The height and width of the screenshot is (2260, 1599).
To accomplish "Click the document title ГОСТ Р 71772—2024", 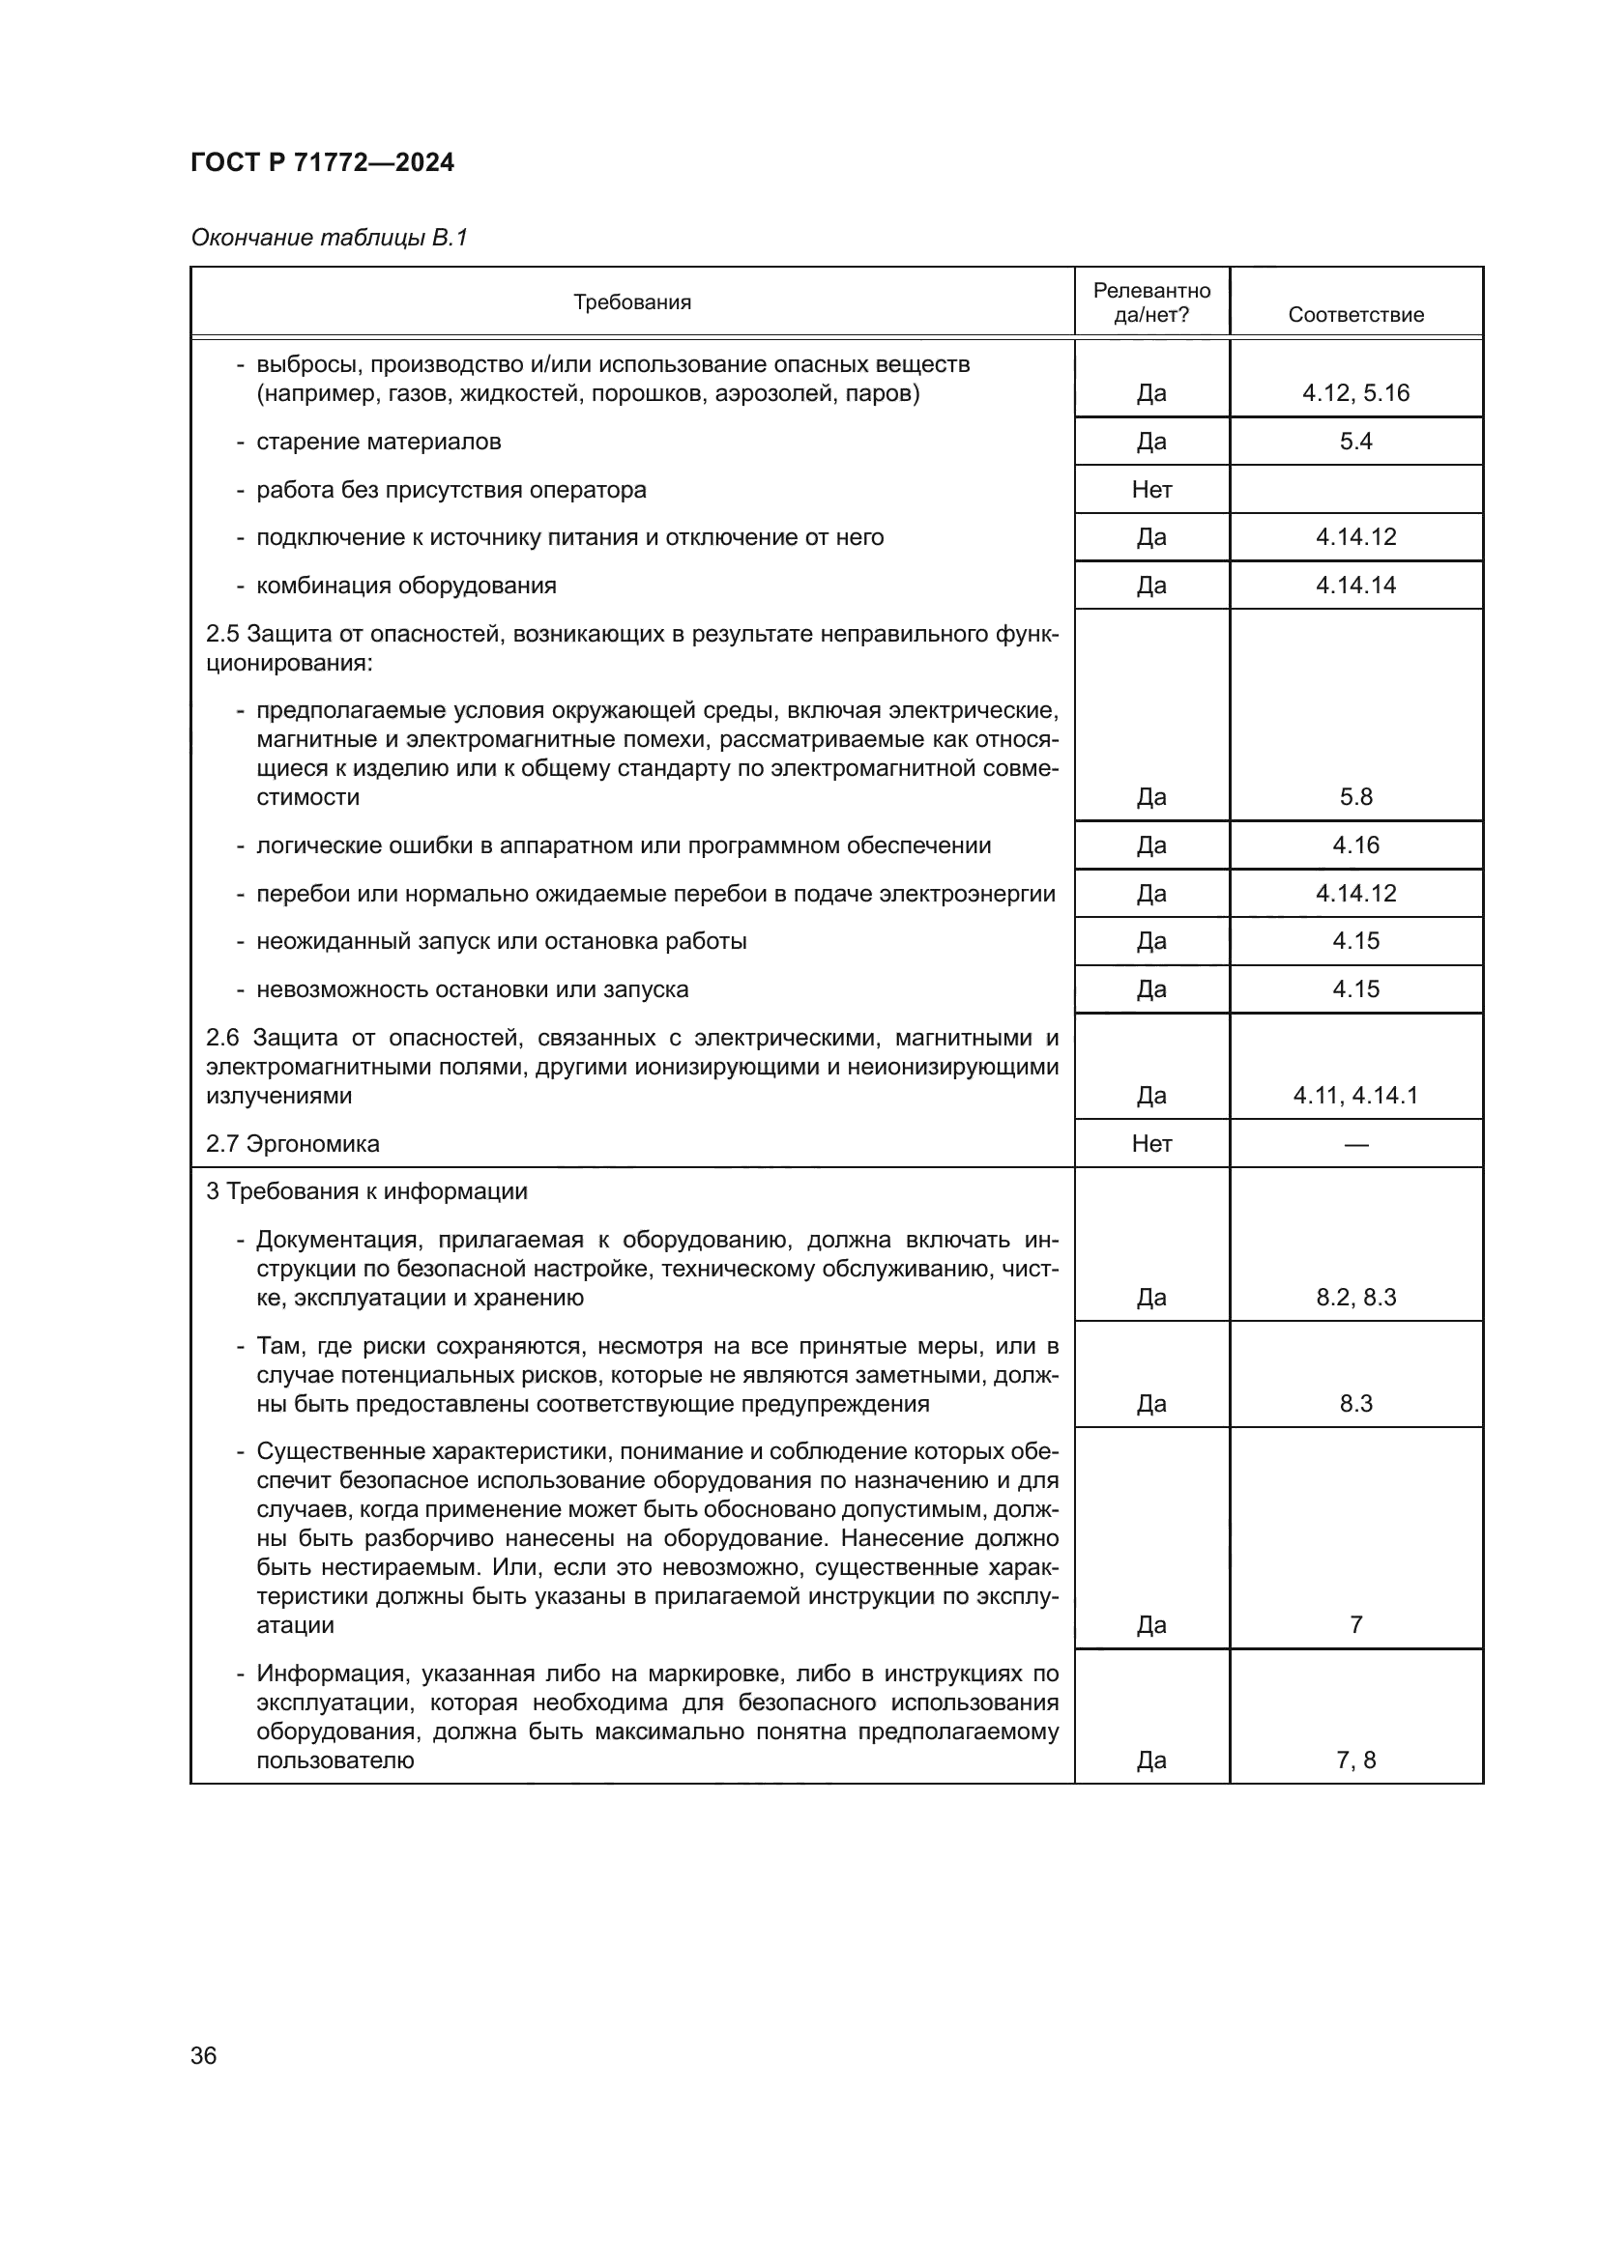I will (x=322, y=162).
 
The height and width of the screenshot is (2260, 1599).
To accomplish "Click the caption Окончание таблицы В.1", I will (x=329, y=238).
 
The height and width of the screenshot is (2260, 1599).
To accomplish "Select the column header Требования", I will (x=632, y=302).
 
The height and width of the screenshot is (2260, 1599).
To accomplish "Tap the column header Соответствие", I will (x=1355, y=315).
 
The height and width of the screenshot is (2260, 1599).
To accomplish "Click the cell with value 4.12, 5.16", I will (x=1355, y=392).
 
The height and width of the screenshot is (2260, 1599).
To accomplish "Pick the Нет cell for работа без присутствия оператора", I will (x=1151, y=489).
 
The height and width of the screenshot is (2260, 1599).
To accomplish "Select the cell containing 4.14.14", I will (x=1355, y=585).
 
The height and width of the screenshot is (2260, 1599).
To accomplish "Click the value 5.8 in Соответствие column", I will (x=1355, y=796).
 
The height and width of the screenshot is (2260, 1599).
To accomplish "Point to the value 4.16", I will (x=1355, y=844).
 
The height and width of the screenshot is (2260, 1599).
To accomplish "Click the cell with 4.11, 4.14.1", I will (x=1355, y=1095).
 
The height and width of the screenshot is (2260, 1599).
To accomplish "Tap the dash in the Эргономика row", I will (x=1355, y=1144).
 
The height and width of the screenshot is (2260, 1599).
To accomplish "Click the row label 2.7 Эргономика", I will (x=292, y=1144).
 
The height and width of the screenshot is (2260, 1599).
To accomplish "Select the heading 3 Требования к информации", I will (x=366, y=1191).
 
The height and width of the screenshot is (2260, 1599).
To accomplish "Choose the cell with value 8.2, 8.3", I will (x=1355, y=1298).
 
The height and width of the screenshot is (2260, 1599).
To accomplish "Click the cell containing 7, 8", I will (x=1355, y=1759).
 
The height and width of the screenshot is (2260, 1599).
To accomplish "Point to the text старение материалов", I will (x=378, y=441).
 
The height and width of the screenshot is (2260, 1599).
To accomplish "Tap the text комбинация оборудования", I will (x=406, y=586).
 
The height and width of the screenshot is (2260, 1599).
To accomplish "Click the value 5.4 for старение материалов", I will (x=1355, y=441).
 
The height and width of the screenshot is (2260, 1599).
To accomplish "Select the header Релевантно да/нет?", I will (x=1151, y=302).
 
